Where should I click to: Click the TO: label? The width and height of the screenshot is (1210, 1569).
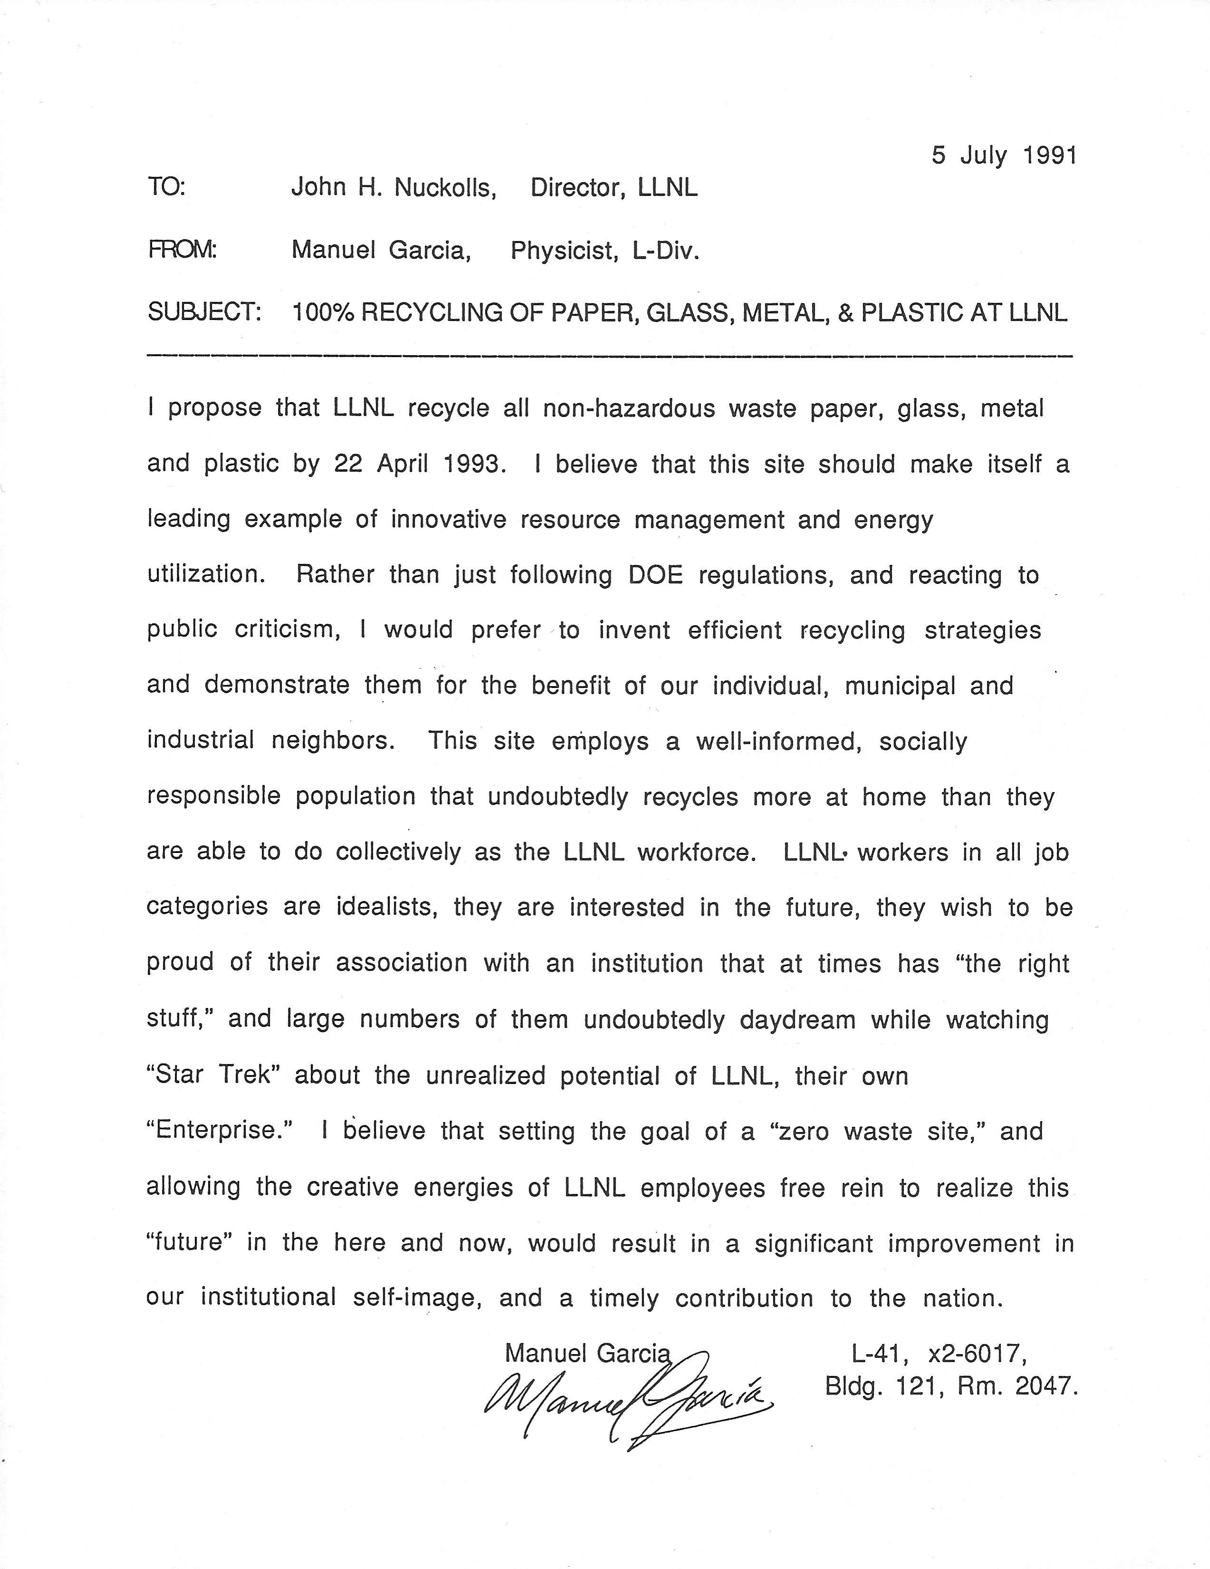[x=167, y=188]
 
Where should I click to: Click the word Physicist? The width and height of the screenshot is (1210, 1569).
[x=563, y=251]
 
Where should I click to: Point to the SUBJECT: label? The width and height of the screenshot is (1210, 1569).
[x=204, y=312]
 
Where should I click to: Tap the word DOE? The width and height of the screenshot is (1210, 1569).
[x=655, y=575]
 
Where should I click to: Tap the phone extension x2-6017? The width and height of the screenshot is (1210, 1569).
[x=977, y=1354]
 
